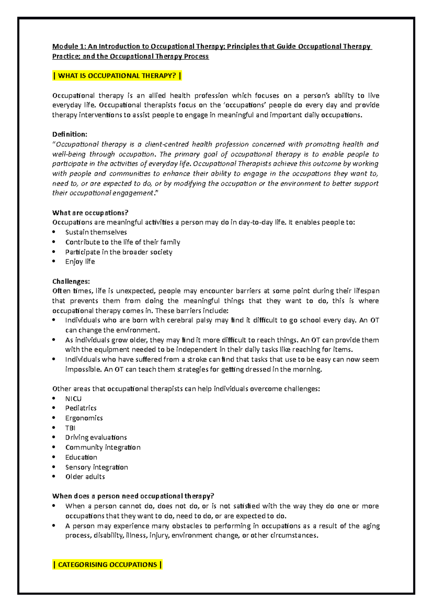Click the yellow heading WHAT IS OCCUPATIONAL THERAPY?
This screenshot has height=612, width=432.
[x=117, y=76]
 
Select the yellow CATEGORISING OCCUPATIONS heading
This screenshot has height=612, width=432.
[x=107, y=564]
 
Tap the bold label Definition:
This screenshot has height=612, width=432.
[x=70, y=134]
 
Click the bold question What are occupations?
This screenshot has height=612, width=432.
[x=90, y=213]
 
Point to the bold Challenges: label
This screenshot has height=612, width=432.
[x=71, y=281]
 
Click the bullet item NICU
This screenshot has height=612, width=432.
[x=73, y=398]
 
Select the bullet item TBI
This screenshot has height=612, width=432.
[x=70, y=428]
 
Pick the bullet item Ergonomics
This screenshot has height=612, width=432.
[x=84, y=418]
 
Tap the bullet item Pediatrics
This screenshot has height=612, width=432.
[x=81, y=408]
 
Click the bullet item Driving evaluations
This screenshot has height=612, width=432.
[x=96, y=437]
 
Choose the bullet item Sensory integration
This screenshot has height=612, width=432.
[x=96, y=467]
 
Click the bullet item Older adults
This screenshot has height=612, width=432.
[x=85, y=476]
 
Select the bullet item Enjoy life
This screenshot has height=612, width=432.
[x=80, y=261]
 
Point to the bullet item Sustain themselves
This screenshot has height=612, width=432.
[x=96, y=232]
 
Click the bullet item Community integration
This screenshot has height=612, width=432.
[x=103, y=447]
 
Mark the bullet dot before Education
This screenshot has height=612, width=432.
[x=54, y=457]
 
